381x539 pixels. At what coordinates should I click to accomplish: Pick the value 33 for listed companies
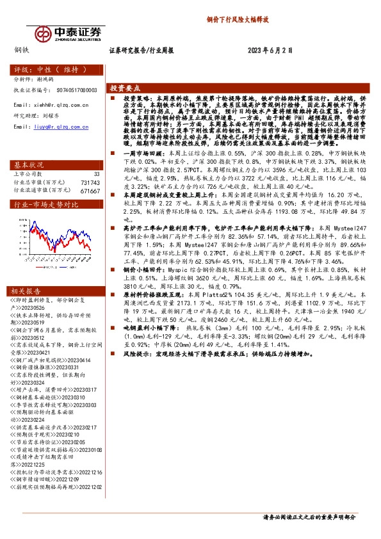tap(97, 173)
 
